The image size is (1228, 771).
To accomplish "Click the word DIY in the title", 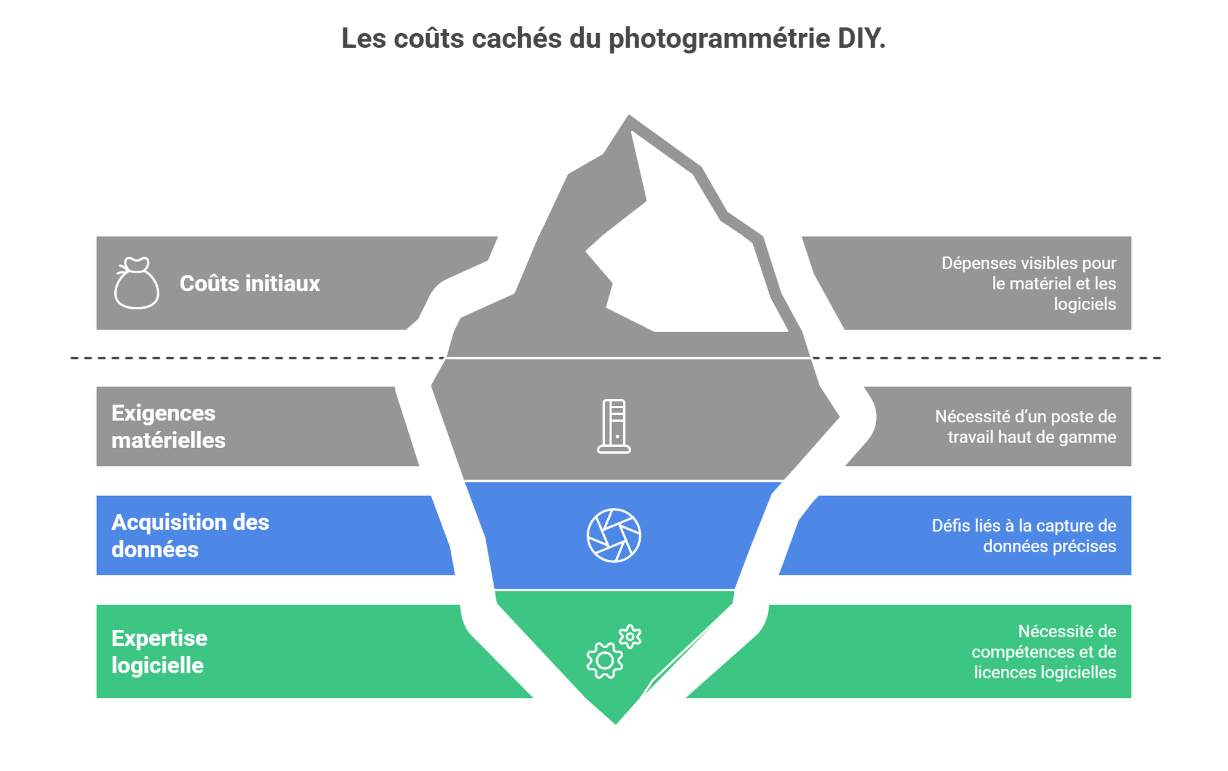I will pos(861,39).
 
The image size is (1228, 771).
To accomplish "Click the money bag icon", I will pos(136,283).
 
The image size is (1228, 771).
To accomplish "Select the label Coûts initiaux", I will pos(249,284).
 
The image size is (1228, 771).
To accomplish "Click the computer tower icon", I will pos(614,426).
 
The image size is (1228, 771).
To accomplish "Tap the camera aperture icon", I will pos(614,535).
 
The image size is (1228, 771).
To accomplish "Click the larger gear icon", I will pos(605,661).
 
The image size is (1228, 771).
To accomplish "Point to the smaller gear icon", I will pos(630,637).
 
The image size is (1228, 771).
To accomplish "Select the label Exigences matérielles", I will pos(168,427).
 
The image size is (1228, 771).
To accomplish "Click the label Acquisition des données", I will pos(190,535).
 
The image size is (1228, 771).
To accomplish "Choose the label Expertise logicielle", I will pos(159,651).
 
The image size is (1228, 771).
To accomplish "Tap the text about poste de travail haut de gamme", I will pos(1025,427).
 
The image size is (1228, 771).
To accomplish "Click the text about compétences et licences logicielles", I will pos(1044,651).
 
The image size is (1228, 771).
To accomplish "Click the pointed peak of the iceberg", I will pos(629,118).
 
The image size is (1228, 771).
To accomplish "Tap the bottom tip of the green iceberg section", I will pos(615,721).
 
